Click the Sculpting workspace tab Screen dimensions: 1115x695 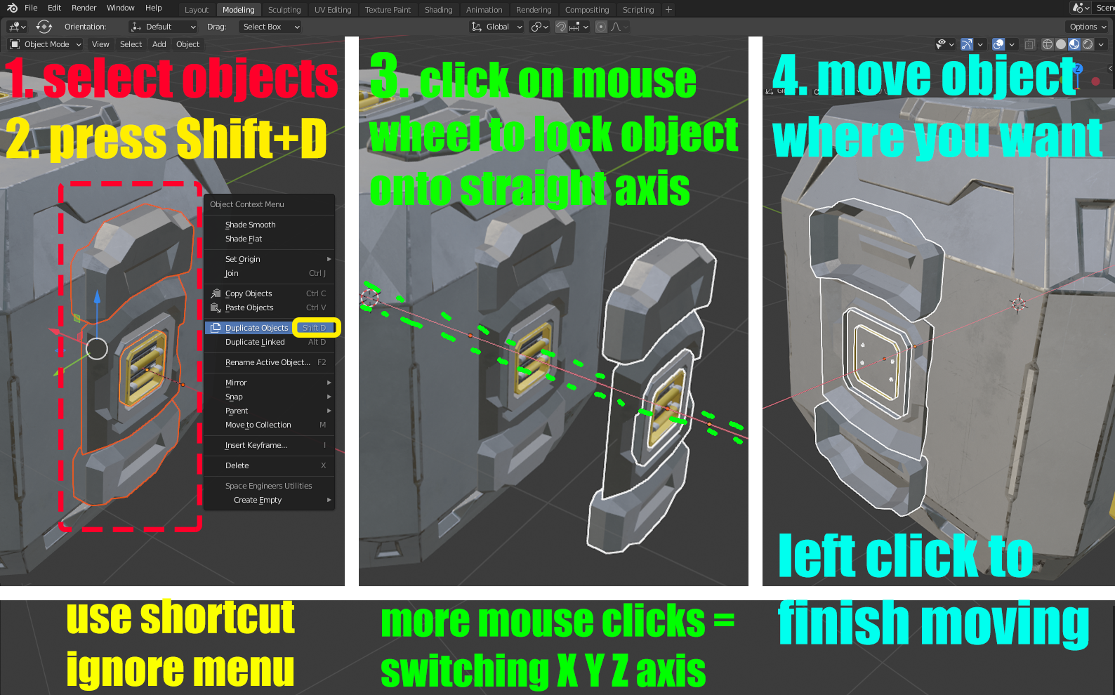point(284,9)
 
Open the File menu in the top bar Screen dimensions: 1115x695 point(31,8)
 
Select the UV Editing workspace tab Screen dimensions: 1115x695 point(333,9)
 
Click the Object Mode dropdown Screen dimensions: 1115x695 point(46,44)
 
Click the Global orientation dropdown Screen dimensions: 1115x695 point(497,27)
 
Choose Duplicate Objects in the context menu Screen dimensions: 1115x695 point(256,328)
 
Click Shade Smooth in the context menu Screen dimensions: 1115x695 point(250,225)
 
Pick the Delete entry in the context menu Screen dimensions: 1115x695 point(237,465)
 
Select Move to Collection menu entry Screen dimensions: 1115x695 point(258,425)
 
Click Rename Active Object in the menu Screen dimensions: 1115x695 point(268,362)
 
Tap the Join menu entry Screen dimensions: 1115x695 point(232,273)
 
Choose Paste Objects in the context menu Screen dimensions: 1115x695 point(249,307)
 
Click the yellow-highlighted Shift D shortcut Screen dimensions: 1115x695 point(316,328)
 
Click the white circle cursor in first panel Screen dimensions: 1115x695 point(97,348)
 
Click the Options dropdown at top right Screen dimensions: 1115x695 point(1088,27)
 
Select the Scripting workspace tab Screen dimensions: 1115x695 point(638,9)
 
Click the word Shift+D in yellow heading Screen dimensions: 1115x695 point(251,138)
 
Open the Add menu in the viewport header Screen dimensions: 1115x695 point(159,44)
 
